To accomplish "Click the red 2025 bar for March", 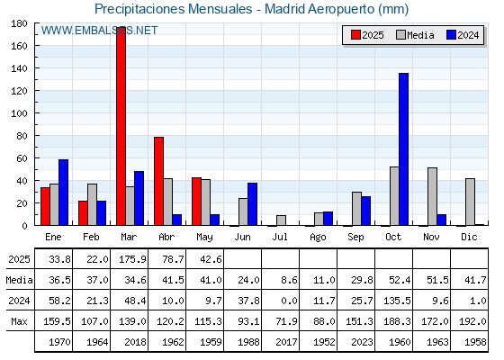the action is click(121, 126).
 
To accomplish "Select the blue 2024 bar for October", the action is click(404, 149).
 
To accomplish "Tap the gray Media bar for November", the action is click(432, 196).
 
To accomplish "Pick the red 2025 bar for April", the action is click(158, 181).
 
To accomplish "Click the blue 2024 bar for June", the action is click(252, 204).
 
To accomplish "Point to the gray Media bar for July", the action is click(281, 220).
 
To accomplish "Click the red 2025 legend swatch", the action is click(355, 35).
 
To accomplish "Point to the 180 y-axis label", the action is click(19, 23).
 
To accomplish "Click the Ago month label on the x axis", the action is click(318, 238).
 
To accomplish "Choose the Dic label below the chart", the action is click(469, 237).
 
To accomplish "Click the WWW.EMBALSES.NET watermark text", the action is click(99, 31).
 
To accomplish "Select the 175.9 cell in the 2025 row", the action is click(132, 259).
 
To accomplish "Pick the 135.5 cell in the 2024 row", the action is click(397, 301).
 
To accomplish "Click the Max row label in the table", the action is click(19, 321).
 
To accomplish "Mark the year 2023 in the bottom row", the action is click(362, 342).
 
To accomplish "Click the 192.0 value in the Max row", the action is click(472, 321).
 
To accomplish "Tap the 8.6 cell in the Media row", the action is click(289, 280).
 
